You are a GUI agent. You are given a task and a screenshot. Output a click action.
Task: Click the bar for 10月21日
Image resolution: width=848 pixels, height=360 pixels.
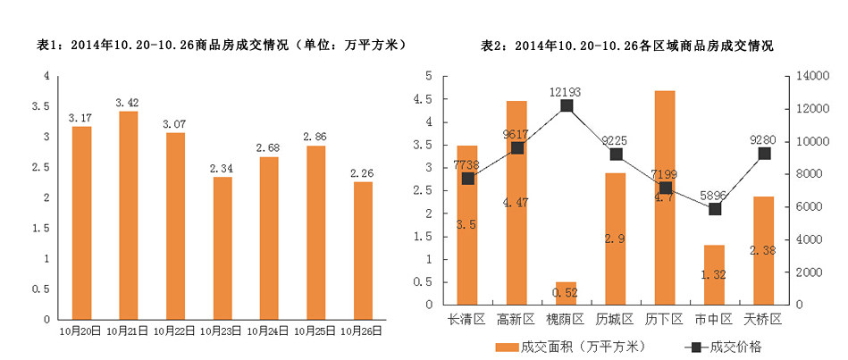(128, 214)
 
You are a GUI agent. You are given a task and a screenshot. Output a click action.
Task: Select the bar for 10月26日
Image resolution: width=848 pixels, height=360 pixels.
(363, 250)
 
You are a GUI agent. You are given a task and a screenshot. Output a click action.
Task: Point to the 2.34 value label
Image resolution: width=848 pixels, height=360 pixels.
(222, 168)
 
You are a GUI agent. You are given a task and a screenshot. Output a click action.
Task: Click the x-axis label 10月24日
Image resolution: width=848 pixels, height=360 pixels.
(269, 331)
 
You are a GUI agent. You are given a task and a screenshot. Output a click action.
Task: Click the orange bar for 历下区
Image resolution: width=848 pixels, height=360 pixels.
(664, 197)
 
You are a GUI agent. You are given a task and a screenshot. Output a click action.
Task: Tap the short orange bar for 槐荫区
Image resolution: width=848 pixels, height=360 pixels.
(566, 293)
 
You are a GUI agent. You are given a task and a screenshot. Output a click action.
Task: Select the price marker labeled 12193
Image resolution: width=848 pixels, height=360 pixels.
(566, 106)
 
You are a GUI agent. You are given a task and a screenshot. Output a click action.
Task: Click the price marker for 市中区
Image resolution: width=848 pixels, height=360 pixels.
(714, 208)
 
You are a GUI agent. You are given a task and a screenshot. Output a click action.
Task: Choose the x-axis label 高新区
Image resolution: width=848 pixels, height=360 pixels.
(516, 319)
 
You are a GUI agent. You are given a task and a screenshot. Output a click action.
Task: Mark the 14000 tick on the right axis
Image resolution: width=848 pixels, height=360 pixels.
(808, 77)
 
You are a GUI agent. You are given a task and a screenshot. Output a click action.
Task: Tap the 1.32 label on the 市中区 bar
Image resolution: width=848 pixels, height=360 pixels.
(714, 275)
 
